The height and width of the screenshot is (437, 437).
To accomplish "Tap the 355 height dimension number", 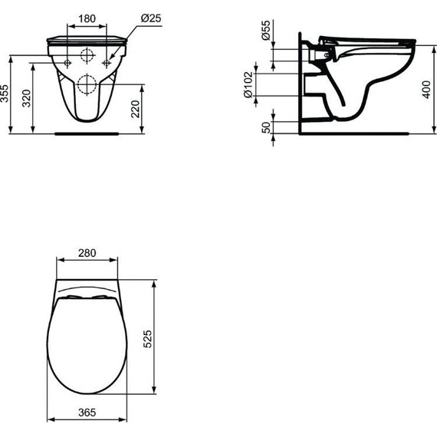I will pyautogui.click(x=6, y=94).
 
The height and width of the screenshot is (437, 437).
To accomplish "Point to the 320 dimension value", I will pyautogui.click(x=27, y=97).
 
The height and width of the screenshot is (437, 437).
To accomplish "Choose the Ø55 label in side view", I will pyautogui.click(x=266, y=31).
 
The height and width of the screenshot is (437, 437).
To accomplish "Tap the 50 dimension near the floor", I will pyautogui.click(x=266, y=127).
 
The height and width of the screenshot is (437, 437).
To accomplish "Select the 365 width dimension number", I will pyautogui.click(x=87, y=413).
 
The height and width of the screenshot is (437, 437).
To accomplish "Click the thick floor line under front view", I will pyautogui.click(x=87, y=133).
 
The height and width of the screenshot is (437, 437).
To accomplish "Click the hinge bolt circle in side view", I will pyautogui.click(x=329, y=54).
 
